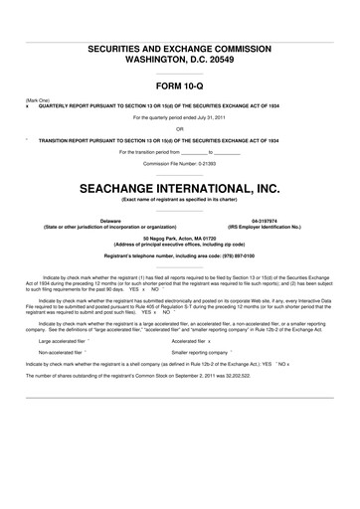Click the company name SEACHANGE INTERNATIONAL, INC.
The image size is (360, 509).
click(180, 187)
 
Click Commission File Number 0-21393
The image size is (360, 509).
click(180, 163)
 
